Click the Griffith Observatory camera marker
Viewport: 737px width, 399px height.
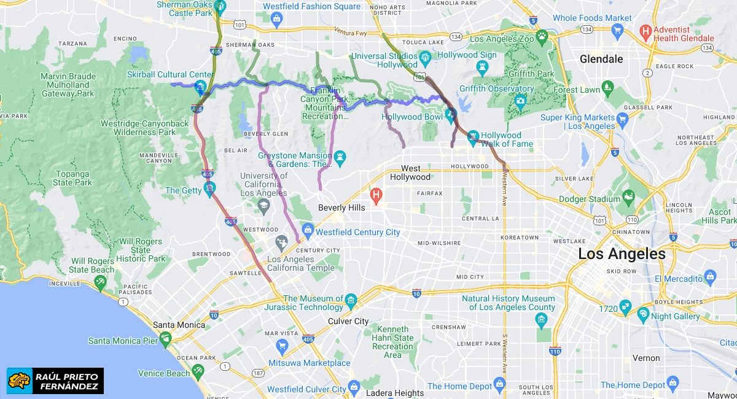coord(521,101)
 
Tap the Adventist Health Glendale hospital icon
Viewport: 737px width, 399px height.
coord(645,30)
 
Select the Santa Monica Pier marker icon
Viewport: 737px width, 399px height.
coord(165,338)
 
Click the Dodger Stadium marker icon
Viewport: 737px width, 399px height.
coord(628,197)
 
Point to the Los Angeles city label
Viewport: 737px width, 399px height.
coord(622,254)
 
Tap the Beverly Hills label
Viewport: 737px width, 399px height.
coord(341,207)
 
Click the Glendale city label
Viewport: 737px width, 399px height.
coord(601,60)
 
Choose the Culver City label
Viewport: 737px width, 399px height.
coord(348,321)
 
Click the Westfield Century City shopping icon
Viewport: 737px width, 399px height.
coord(308,231)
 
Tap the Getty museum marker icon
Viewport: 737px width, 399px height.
coord(211,187)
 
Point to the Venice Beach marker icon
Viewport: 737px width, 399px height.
coord(198,370)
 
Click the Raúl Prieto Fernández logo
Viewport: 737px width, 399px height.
coord(55,381)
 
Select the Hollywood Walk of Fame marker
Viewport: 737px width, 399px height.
coord(474,138)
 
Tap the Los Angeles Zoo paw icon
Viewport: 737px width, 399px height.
coord(542,38)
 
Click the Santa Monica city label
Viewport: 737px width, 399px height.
coord(178,325)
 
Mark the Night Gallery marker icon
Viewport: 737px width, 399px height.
coord(643,316)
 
